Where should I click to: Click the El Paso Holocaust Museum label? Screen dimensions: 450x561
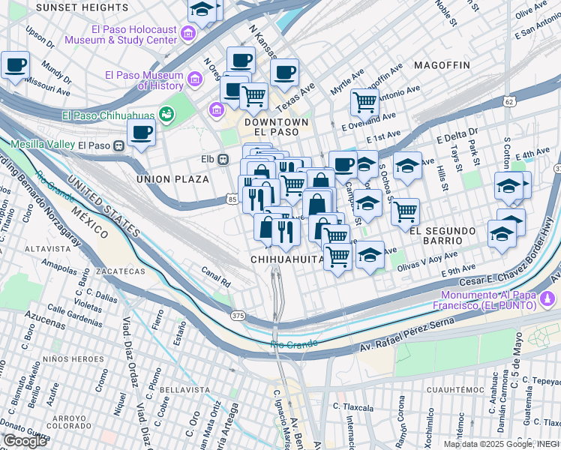(x=120, y=34)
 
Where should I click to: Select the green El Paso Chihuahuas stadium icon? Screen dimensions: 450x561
(x=166, y=115)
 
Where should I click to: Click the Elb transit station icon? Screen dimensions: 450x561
(x=223, y=159)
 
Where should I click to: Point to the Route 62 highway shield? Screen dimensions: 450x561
(x=509, y=101)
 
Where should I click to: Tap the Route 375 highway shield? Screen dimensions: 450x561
(x=238, y=316)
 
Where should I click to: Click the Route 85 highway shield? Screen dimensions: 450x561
(x=232, y=199)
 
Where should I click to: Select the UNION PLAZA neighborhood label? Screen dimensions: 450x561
(x=172, y=179)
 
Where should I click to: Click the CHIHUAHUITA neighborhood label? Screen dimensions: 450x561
(x=287, y=259)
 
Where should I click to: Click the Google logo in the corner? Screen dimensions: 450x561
(x=25, y=441)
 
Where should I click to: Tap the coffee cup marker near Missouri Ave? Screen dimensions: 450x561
(x=15, y=65)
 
